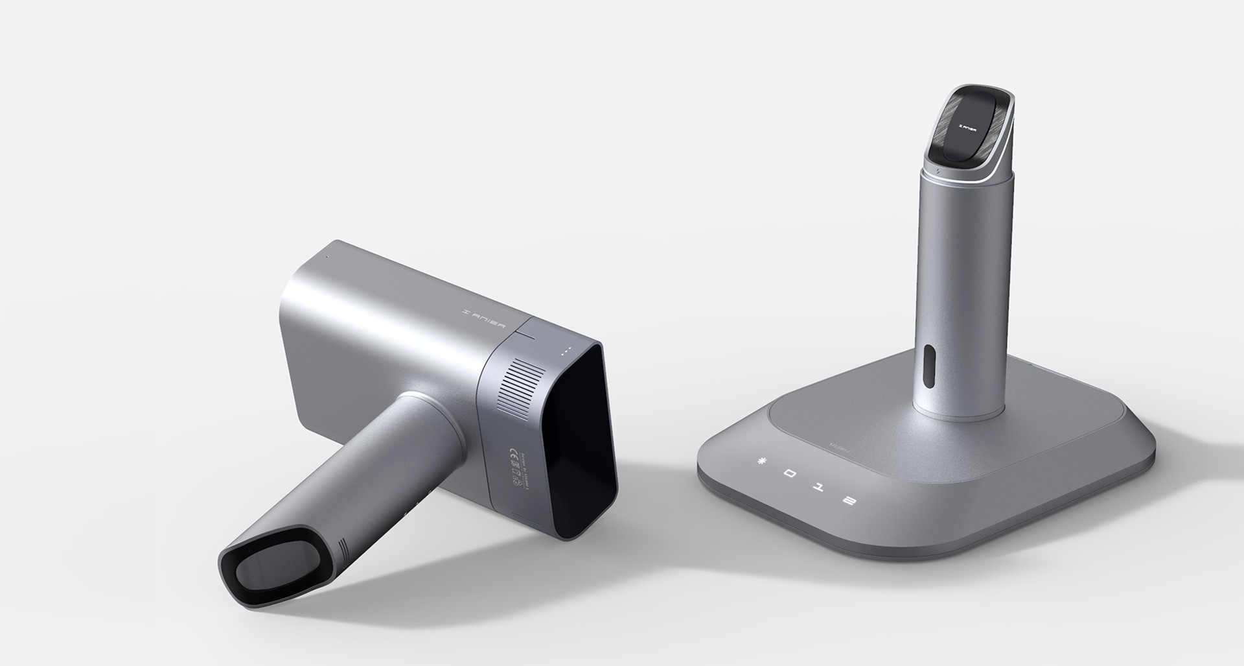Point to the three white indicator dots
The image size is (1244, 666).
coord(567,351)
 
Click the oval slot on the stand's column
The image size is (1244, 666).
coord(930,364)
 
